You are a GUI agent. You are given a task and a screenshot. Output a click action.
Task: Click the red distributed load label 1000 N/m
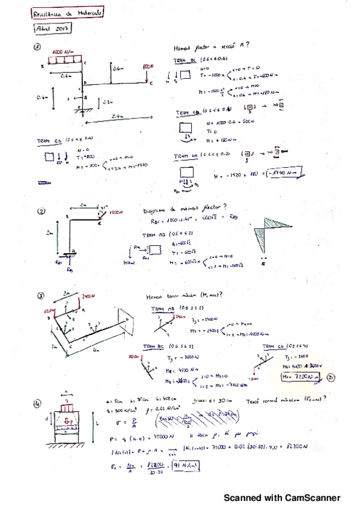pyautogui.click(x=63, y=52)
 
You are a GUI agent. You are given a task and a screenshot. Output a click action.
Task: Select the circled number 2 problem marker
pyautogui.click(x=41, y=211)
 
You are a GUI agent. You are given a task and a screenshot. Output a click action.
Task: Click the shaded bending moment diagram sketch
pyautogui.click(x=264, y=231)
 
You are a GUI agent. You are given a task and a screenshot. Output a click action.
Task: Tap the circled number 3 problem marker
pyautogui.click(x=40, y=296)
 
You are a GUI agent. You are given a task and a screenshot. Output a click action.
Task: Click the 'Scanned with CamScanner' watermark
pyautogui.click(x=282, y=497)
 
